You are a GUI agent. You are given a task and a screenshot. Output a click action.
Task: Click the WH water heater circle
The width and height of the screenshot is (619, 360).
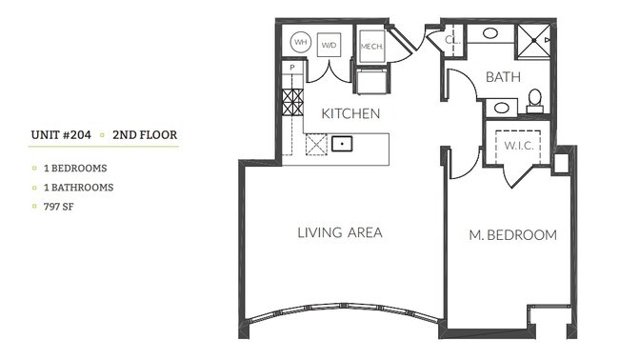[301, 42]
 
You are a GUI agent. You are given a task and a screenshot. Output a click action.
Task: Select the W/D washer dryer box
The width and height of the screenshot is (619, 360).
[329, 43]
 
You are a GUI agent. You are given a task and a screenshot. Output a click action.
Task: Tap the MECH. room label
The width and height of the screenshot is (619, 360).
[370, 45]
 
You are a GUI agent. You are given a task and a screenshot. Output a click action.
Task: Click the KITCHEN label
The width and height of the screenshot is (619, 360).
[350, 113]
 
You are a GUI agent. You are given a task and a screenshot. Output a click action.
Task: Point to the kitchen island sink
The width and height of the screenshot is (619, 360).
[343, 145]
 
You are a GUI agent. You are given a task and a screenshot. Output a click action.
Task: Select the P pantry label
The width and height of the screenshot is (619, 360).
[292, 69]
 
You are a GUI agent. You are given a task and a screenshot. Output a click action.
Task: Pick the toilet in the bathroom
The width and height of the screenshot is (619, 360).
[534, 99]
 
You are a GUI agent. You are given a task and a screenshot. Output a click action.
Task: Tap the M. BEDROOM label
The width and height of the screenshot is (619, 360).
[513, 235]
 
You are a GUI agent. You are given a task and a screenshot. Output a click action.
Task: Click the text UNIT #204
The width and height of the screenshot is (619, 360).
[60, 135]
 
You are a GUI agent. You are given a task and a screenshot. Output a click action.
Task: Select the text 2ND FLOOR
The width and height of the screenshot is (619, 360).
[145, 135]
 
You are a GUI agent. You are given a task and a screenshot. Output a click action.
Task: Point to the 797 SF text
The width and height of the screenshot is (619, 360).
[59, 205]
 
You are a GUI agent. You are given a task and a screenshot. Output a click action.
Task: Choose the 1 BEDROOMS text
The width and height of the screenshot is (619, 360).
[75, 168]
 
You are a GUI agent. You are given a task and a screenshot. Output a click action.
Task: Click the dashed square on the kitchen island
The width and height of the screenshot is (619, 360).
[315, 144]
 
